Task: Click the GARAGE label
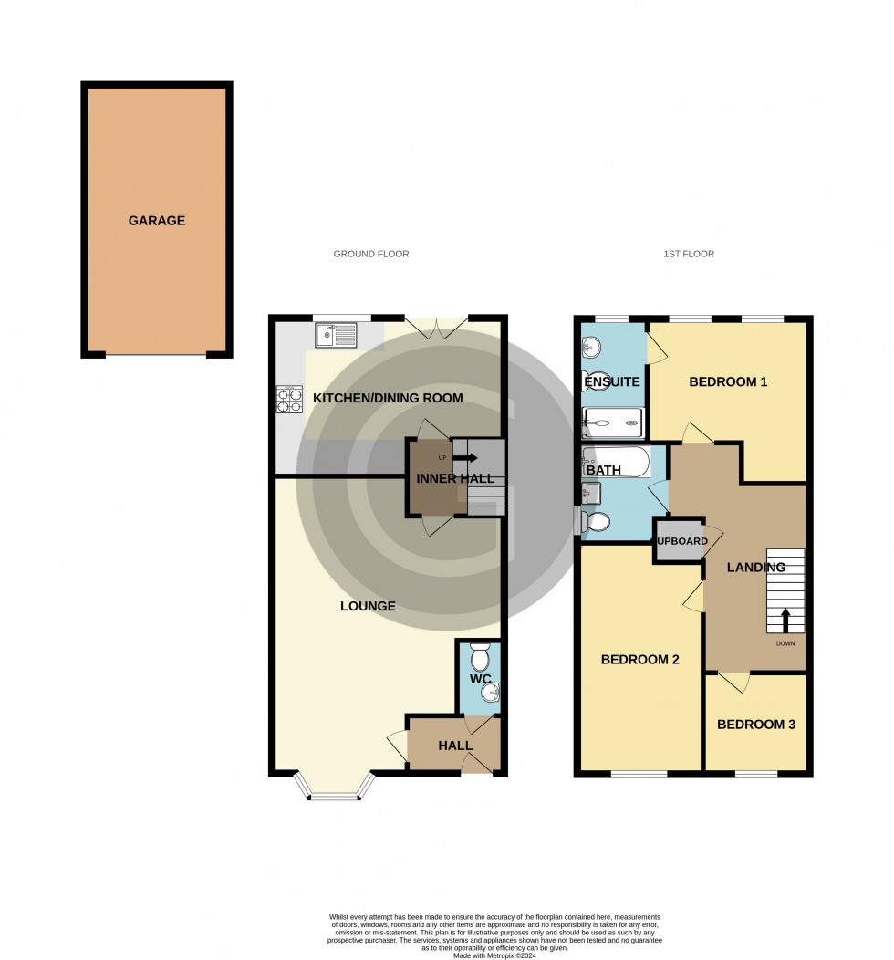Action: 156,221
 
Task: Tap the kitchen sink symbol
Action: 337,336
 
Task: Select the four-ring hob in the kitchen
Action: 289,398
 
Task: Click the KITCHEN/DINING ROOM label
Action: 388,398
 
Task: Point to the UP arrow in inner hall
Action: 465,457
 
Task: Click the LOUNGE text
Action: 368,606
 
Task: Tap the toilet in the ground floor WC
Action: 479,657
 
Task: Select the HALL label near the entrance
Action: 455,746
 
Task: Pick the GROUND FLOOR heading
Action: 371,254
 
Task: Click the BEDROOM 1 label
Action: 728,381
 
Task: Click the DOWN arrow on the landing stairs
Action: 785,621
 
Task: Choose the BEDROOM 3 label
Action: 756,725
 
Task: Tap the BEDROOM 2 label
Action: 639,659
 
